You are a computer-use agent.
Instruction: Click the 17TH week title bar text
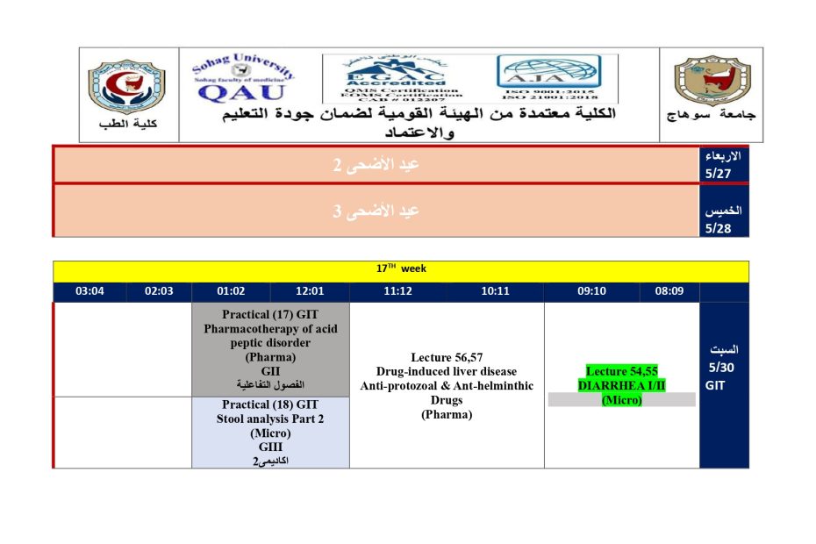tap(401, 269)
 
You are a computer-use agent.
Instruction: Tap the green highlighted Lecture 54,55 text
tap(621, 371)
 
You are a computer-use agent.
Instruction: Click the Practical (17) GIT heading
tap(270, 314)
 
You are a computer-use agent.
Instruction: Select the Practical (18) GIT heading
tap(270, 404)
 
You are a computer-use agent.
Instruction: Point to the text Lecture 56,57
tap(447, 357)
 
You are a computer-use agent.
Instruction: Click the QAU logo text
tap(242, 91)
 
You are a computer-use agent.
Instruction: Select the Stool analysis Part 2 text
tap(270, 419)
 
